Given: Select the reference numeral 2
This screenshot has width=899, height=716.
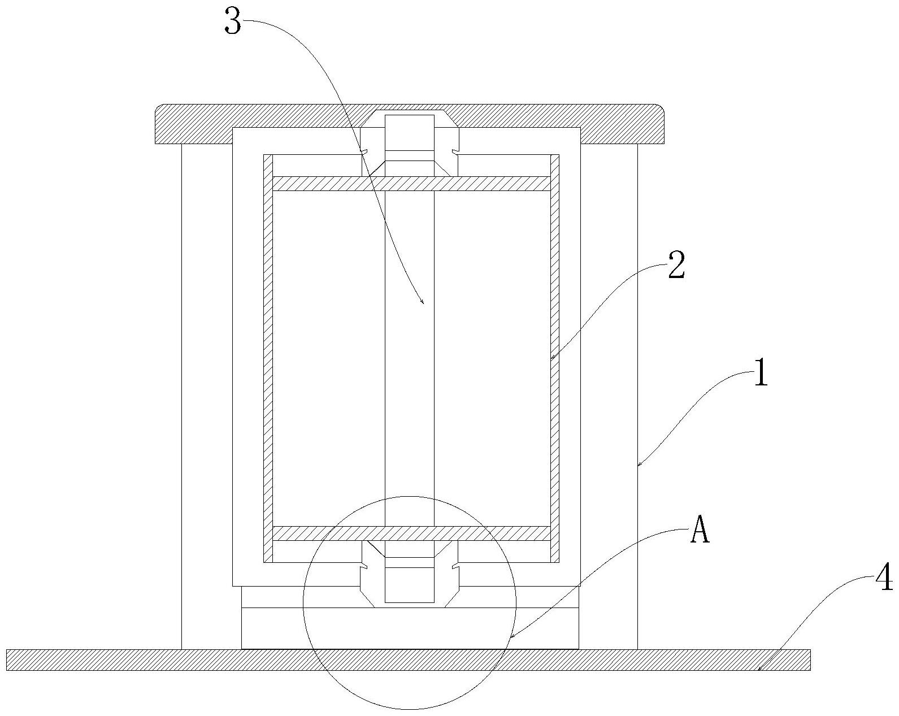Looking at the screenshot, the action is coord(676,265).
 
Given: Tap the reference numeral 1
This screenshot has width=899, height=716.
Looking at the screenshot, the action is coord(761,374).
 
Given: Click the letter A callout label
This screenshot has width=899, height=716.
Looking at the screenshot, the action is coord(700,531).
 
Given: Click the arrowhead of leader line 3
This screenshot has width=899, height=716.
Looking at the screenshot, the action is coord(423,303).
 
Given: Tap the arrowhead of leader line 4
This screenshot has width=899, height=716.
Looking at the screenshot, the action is coord(759,670).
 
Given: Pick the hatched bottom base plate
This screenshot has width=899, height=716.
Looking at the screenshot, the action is coord(170,660).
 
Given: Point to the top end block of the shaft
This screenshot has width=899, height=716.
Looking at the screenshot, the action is coord(410,133).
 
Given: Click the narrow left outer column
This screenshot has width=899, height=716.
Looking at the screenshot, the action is coord(207,396).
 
